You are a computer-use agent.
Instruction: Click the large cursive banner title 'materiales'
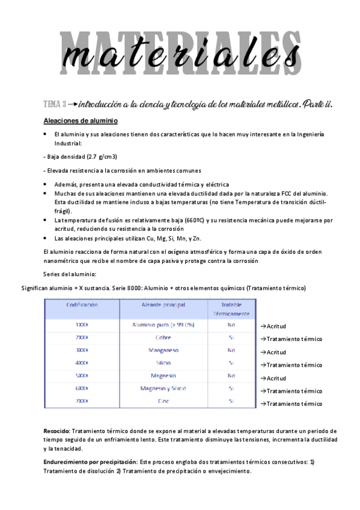[180, 55]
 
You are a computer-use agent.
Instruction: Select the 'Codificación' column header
[82, 305]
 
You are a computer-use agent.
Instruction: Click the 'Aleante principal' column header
[163, 305]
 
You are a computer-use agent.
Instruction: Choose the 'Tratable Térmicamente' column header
[231, 309]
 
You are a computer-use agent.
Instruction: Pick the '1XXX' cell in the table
[82, 325]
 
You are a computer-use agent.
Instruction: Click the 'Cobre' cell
[163, 337]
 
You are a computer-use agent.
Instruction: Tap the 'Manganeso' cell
[163, 350]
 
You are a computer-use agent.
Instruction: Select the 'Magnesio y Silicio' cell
[163, 388]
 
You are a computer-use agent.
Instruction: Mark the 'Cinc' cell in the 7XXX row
[163, 401]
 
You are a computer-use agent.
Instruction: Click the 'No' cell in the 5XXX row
[231, 375]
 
